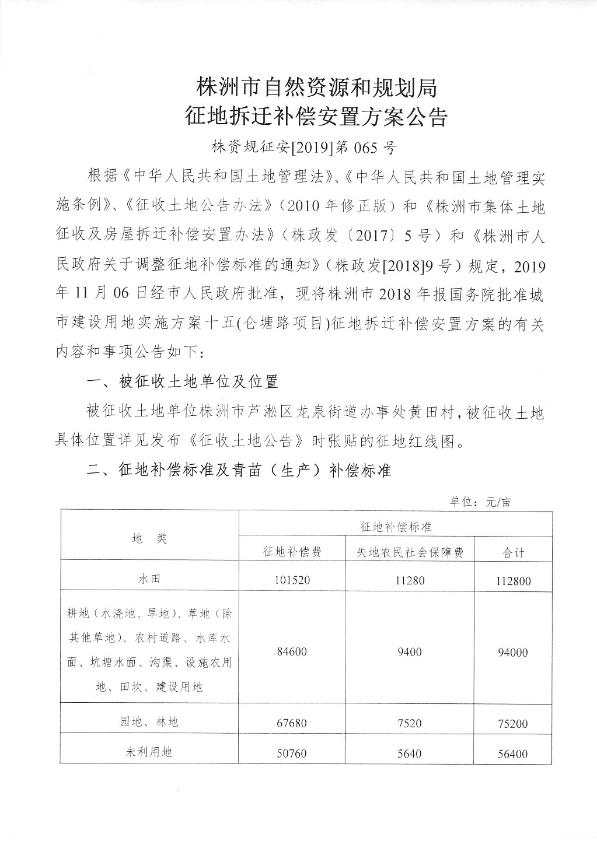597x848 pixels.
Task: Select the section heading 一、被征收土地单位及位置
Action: pos(182,382)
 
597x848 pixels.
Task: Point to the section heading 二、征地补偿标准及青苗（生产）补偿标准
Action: pos(239,470)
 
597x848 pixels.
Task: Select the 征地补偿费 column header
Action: pos(292,552)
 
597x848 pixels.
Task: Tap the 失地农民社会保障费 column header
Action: pos(410,552)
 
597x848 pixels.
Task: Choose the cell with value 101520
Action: pos(292,581)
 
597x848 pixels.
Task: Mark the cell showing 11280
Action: pos(409,581)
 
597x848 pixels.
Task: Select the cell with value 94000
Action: pos(514,652)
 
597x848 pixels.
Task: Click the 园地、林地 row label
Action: pos(150,722)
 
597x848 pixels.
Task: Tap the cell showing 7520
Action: pos(409,723)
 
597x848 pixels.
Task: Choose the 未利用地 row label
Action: pos(150,752)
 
